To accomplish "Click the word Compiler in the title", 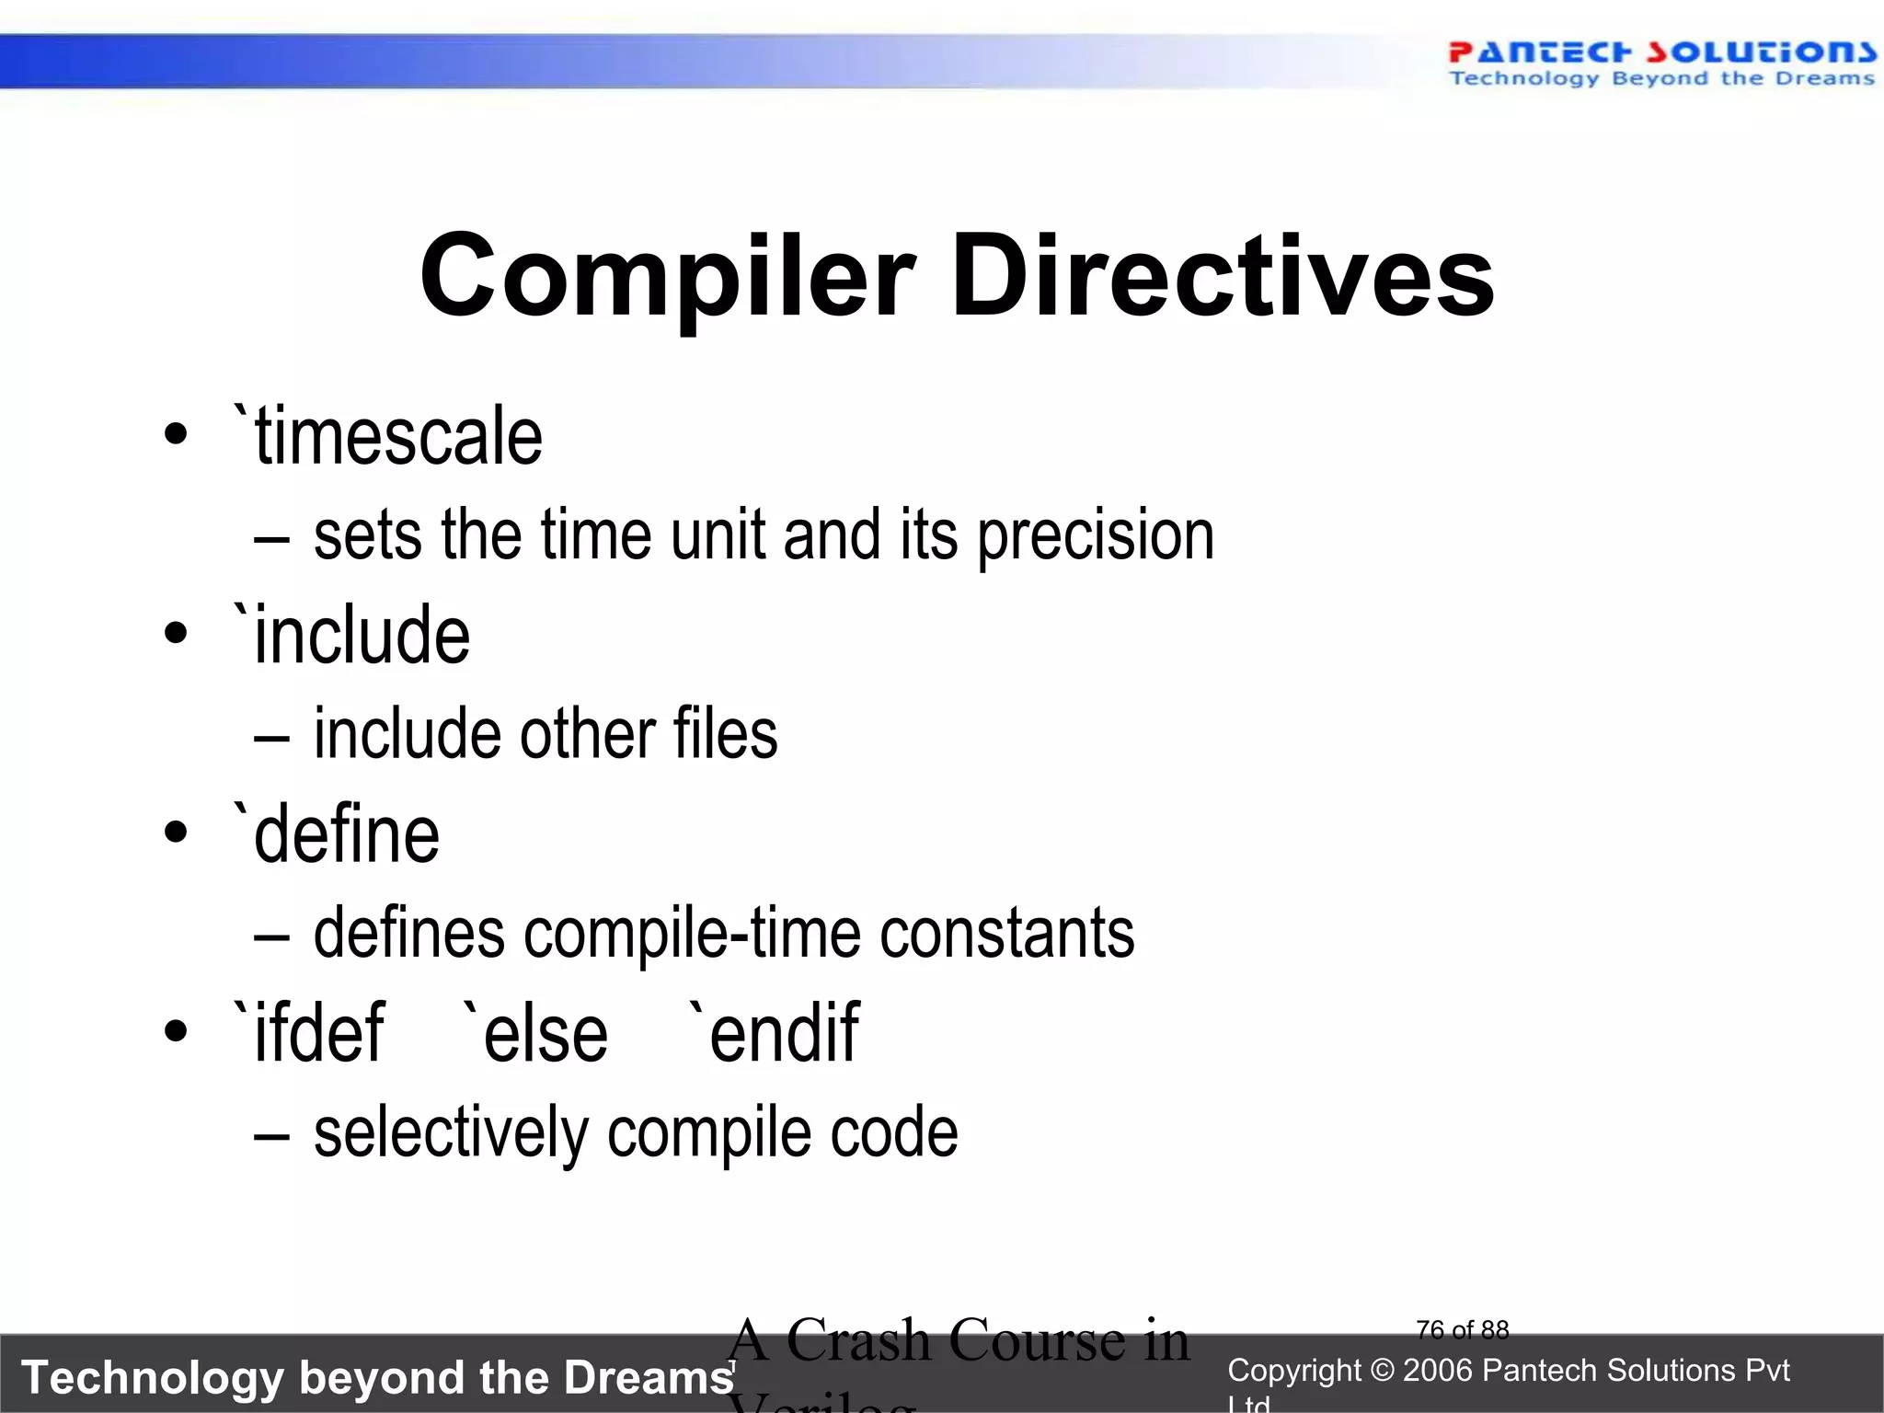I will click(x=667, y=276).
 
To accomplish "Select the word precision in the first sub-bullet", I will click(x=1095, y=535).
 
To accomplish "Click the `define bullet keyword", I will click(x=337, y=834).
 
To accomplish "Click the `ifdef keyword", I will click(x=309, y=1033).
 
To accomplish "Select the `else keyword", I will click(x=534, y=1033).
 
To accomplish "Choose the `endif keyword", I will click(x=774, y=1033).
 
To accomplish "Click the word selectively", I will click(x=451, y=1132).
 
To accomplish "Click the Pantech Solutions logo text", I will click(x=1660, y=52).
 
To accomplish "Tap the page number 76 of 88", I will click(x=1462, y=1330).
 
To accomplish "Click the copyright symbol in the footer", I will click(x=1382, y=1371).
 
